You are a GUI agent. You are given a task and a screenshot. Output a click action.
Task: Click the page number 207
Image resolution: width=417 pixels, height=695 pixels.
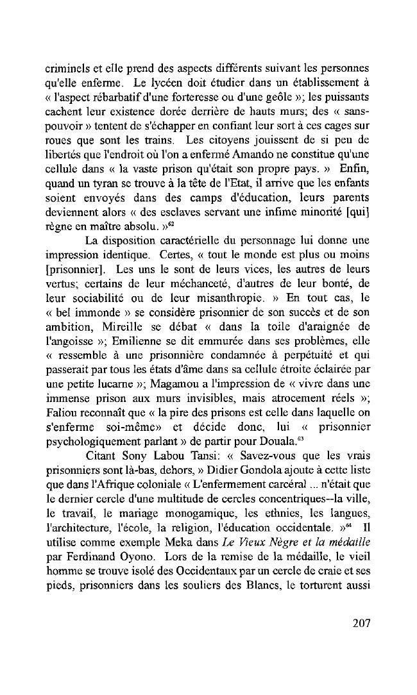click(x=361, y=623)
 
